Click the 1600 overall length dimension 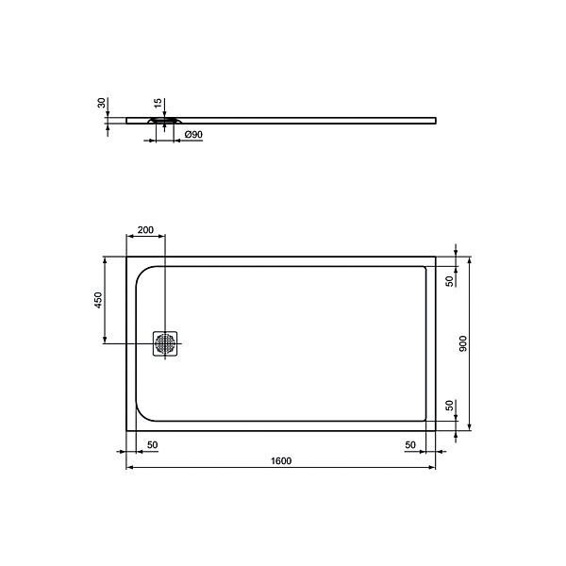280,460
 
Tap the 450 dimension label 98,301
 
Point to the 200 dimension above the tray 145,230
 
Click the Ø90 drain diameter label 193,136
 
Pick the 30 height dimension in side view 103,104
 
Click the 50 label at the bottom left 152,443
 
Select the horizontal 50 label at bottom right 410,443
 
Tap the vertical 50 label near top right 450,278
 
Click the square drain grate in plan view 166,343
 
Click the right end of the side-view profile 436,119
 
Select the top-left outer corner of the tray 127,256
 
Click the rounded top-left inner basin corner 144,272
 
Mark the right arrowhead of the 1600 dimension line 432,468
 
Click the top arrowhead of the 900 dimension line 469,259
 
